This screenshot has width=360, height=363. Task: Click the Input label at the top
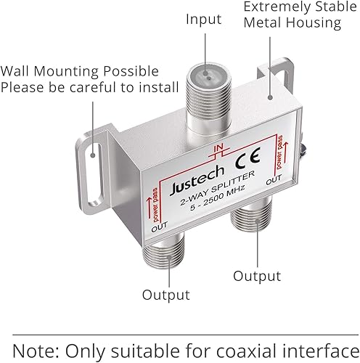(204, 20)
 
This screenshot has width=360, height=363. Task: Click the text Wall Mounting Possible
(80, 71)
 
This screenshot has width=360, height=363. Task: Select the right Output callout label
(256, 276)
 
